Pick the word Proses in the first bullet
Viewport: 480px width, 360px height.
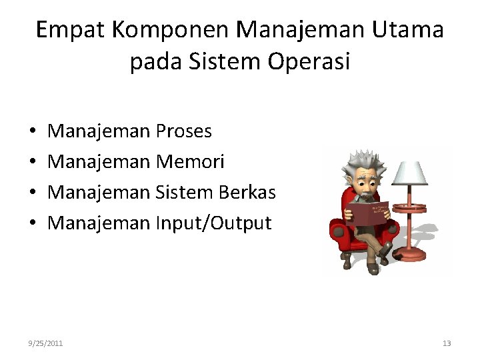[x=183, y=131]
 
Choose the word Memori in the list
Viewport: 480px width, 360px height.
[x=190, y=162]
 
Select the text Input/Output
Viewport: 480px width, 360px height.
[x=213, y=223]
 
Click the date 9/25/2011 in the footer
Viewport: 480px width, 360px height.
[x=46, y=343]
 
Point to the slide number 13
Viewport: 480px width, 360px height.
[x=447, y=343]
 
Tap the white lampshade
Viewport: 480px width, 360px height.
[x=409, y=172]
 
